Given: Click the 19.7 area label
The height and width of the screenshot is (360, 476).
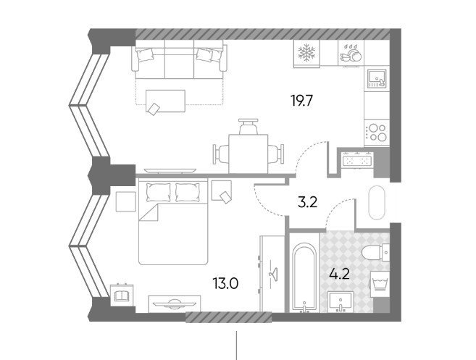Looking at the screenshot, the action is click(x=301, y=101).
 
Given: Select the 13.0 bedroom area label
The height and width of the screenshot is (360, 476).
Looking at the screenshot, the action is click(x=225, y=285).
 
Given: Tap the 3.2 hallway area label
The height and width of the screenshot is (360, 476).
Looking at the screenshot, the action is click(x=307, y=203).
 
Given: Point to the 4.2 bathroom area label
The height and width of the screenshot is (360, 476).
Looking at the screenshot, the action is click(x=339, y=274).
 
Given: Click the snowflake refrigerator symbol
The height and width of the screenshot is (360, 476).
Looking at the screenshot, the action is click(x=306, y=53).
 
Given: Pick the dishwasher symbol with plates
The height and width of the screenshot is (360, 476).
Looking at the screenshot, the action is click(x=351, y=53).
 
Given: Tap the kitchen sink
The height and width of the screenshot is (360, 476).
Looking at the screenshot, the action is click(x=377, y=78).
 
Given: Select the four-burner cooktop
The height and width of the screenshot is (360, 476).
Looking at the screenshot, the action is click(x=377, y=133).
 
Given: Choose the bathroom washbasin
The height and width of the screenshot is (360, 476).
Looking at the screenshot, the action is click(x=341, y=301).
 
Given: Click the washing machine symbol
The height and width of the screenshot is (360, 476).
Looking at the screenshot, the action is click(x=380, y=282).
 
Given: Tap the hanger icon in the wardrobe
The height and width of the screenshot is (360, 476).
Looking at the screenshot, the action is click(x=274, y=272).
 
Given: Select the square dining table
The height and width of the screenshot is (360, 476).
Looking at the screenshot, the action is click(x=249, y=154).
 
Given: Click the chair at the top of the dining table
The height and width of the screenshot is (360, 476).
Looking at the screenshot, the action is click(x=249, y=127).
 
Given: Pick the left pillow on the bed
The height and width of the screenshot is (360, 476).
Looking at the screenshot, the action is click(x=158, y=192).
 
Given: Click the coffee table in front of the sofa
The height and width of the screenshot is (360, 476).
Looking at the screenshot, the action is click(x=165, y=101).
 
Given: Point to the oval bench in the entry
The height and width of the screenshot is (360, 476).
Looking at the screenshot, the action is click(x=377, y=203).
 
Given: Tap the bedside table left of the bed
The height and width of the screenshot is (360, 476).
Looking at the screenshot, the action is click(x=125, y=202).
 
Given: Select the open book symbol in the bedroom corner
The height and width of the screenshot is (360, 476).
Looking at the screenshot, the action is click(x=122, y=295).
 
